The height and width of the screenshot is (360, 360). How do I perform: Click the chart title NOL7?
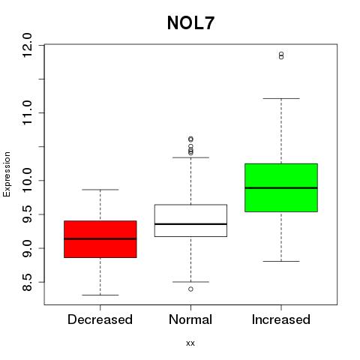click(x=190, y=23)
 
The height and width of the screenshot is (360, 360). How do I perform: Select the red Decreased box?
click(x=100, y=239)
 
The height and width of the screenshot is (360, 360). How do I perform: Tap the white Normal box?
click(x=190, y=220)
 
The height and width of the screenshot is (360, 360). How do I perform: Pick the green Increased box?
click(x=281, y=187)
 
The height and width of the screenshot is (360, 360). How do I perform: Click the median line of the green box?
click(x=281, y=187)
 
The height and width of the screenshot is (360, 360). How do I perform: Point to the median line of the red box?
click(x=100, y=238)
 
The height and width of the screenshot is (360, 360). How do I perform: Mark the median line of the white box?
click(x=190, y=224)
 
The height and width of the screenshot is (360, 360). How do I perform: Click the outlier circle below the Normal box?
click(x=190, y=289)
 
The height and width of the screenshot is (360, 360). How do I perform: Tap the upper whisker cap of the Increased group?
click(x=281, y=98)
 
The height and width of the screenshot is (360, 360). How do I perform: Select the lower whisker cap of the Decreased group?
click(x=100, y=295)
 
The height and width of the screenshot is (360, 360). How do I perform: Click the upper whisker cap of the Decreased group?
click(x=100, y=190)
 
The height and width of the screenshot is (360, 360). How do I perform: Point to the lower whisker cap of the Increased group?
click(x=281, y=261)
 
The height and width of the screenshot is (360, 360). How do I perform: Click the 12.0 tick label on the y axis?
click(x=27, y=45)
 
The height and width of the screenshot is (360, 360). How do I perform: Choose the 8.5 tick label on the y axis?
click(x=27, y=282)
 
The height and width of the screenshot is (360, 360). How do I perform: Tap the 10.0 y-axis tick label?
click(x=27, y=181)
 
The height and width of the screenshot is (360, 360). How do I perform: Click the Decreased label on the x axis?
click(x=100, y=319)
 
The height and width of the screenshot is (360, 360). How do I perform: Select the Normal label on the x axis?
click(x=190, y=319)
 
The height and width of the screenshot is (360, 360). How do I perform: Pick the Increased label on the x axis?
click(x=281, y=319)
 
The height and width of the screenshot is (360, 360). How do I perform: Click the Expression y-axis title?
click(x=7, y=174)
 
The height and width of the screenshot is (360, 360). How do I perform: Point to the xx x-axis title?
click(x=190, y=343)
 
